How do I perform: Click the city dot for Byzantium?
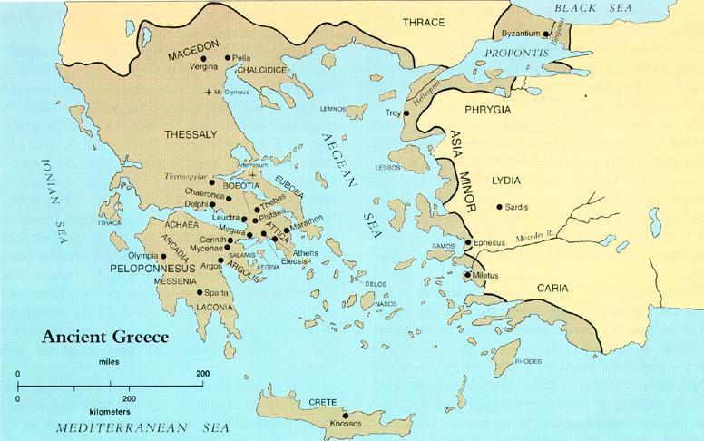(x=548, y=34)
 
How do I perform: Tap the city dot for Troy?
(x=406, y=113)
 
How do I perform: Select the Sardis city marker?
(x=500, y=208)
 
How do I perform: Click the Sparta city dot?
(x=200, y=292)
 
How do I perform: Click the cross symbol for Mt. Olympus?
(x=210, y=93)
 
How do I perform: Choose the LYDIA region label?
(x=506, y=181)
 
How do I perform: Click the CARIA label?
(x=552, y=288)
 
